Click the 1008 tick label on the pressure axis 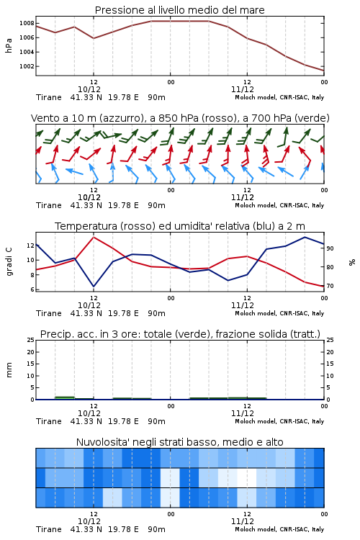coord(27,24)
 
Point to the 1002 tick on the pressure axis coord(27,66)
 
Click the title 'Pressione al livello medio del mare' coord(180,10)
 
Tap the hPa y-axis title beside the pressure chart coord(9,45)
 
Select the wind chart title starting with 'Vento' coord(180,118)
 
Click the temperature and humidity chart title coord(180,226)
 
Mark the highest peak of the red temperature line coord(94,237)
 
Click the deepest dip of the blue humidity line coord(94,287)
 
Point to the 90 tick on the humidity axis coord(330,248)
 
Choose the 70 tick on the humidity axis coord(330,286)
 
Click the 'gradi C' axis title coord(9,261)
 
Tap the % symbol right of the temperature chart coord(352,262)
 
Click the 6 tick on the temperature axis coord(32,289)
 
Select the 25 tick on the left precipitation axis coord(31,340)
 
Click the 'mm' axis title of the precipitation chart coord(9,370)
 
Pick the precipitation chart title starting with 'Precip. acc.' coord(180,334)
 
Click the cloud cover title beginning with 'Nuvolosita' coord(180,442)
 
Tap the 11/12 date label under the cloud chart coord(243,521)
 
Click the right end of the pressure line coord(324,71)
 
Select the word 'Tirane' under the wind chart coord(48,206)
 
